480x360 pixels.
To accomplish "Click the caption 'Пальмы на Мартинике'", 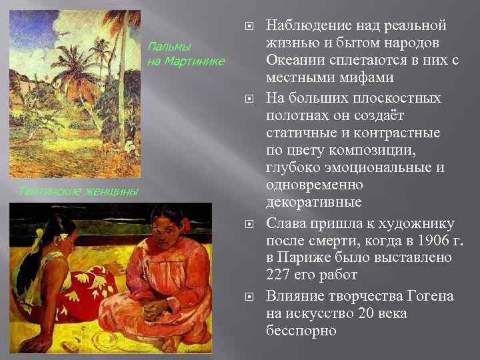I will (185, 55).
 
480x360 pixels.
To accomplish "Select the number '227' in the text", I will (280, 273).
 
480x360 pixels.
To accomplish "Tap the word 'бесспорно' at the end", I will (301, 331).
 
